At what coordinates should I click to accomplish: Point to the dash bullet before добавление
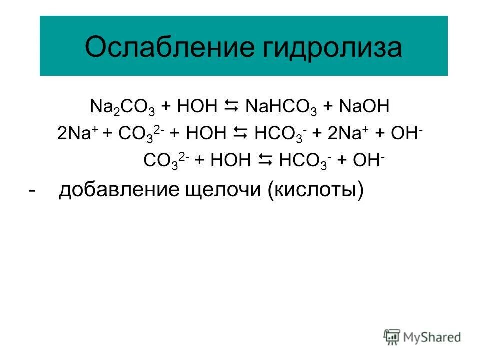[32, 190]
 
